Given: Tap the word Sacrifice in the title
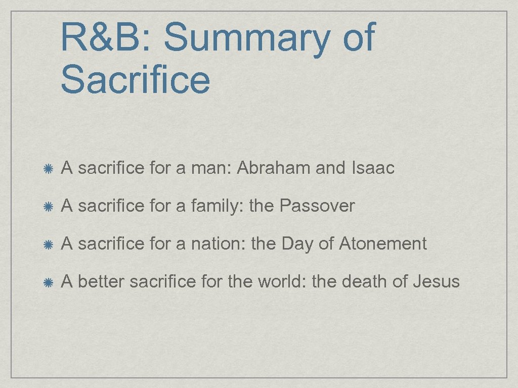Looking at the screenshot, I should (135, 79).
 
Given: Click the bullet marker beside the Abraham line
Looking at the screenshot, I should (49, 168).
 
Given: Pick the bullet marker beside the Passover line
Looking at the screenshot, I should (49, 206).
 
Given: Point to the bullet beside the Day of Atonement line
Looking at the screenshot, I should (49, 244).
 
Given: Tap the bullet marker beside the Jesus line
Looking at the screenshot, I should (49, 281).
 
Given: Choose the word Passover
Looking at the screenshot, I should (317, 206).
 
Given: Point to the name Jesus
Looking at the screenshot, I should (436, 281).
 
